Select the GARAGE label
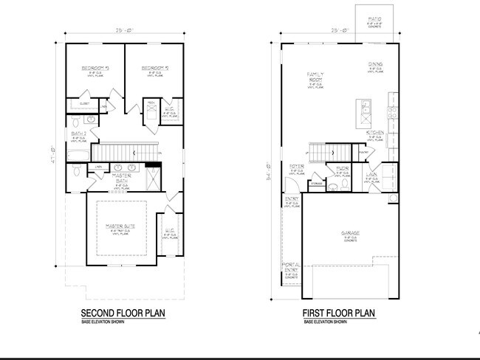click(x=350, y=234)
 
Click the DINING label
click(x=375, y=64)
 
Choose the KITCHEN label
click(x=374, y=133)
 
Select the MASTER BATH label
click(x=122, y=179)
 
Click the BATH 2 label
click(x=78, y=134)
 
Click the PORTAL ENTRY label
click(x=292, y=268)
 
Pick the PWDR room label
click(x=342, y=169)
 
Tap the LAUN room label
click(x=374, y=175)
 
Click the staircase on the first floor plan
click(x=321, y=153)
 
